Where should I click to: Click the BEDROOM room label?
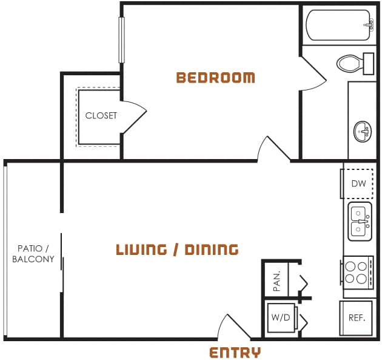(x=215, y=78)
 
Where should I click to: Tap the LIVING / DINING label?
(x=177, y=250)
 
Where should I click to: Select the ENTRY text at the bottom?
(x=235, y=353)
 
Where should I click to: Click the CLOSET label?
(x=101, y=115)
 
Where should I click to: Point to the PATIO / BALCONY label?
(x=33, y=254)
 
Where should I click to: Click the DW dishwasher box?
(x=358, y=183)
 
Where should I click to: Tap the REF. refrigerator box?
(x=357, y=318)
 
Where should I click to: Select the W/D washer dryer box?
(x=281, y=318)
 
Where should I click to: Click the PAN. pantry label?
(x=276, y=280)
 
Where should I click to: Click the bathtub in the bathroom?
(x=338, y=25)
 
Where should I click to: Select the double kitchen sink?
(x=359, y=222)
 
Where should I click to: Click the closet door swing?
(x=133, y=117)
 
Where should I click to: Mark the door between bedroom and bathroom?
(x=313, y=76)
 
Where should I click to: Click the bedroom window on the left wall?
(x=121, y=39)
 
